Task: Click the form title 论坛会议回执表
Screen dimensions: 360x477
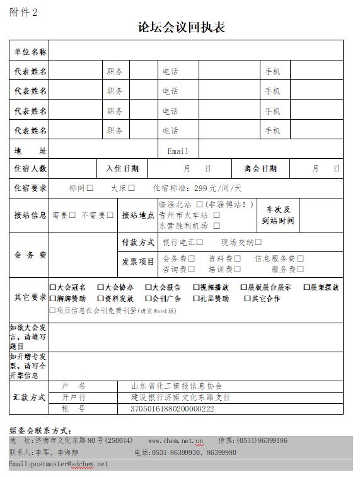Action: click(x=182, y=28)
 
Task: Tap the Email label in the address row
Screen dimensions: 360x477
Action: click(x=178, y=151)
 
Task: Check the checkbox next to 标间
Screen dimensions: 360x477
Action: click(x=90, y=188)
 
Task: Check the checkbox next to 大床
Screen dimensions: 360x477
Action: click(x=132, y=188)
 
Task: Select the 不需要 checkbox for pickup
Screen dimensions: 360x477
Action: click(x=110, y=215)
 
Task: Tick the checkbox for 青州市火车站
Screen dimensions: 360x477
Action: click(x=216, y=215)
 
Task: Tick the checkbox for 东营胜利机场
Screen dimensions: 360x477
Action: click(x=216, y=225)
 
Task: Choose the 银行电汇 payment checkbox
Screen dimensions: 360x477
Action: click(x=199, y=242)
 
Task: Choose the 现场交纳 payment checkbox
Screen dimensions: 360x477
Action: click(x=258, y=242)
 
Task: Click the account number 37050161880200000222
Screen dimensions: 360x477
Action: click(x=171, y=409)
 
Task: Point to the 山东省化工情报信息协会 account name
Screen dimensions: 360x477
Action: click(x=177, y=386)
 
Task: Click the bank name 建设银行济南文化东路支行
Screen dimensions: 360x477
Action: click(x=180, y=398)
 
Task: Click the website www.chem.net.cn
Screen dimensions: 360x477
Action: click(x=175, y=440)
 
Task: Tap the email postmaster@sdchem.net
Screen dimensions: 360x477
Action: click(x=59, y=464)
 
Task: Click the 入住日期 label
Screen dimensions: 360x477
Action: click(x=122, y=169)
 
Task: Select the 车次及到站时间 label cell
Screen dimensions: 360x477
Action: click(x=277, y=215)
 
